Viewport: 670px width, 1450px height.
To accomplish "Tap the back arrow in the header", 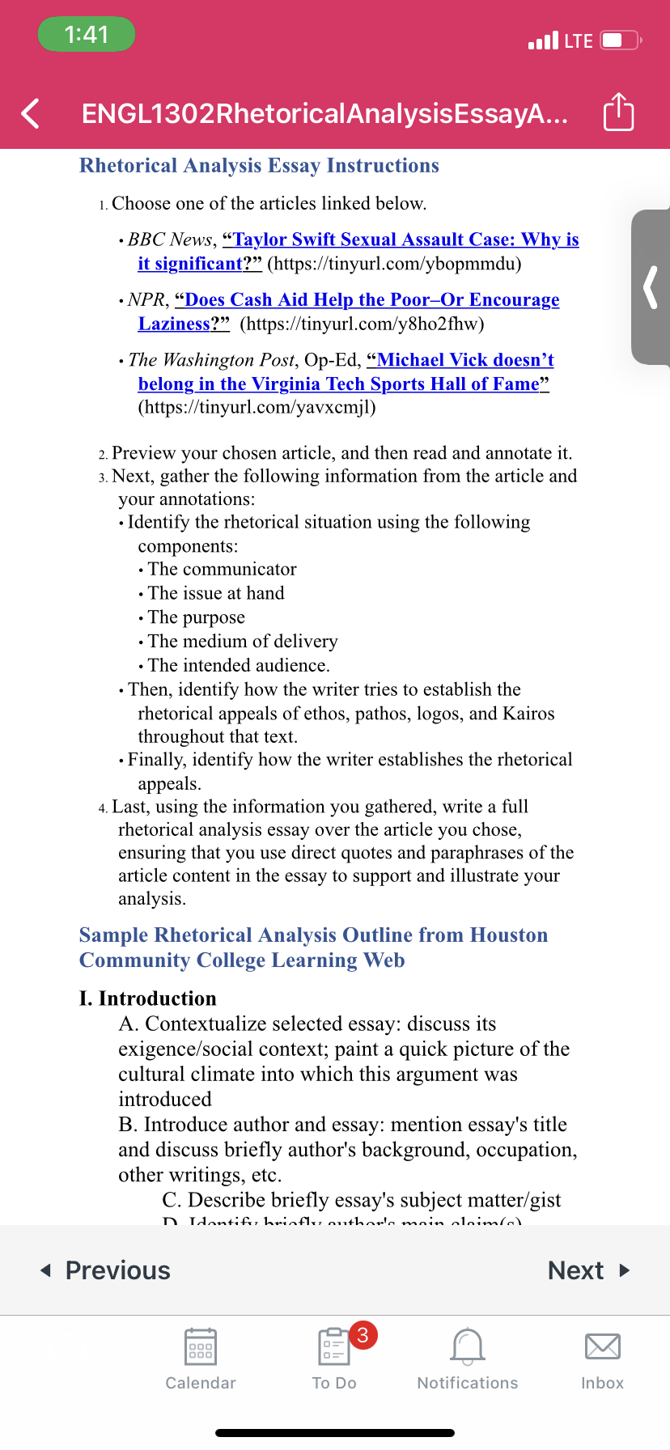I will tap(31, 113).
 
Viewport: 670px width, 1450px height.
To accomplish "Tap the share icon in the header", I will tap(618, 112).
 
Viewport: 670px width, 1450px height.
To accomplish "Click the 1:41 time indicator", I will tap(87, 34).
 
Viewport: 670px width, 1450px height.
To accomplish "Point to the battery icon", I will tap(621, 40).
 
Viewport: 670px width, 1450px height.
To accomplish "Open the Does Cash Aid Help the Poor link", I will tap(371, 300).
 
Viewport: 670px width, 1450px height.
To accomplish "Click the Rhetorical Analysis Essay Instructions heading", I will tap(259, 166).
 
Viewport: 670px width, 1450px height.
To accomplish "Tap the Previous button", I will tap(106, 1270).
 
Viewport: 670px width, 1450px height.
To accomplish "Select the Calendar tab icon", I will tap(200, 1347).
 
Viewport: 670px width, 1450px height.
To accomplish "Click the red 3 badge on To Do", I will tap(363, 1334).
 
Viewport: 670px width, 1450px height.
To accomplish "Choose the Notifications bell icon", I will tap(467, 1347).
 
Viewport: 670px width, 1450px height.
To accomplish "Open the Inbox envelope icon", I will tap(602, 1347).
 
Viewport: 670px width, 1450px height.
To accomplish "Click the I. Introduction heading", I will tap(148, 998).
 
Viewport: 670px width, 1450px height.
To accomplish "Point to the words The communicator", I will tap(222, 570).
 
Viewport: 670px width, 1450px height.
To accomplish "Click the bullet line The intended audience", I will tap(239, 666).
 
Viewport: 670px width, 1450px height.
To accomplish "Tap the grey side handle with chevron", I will tap(651, 287).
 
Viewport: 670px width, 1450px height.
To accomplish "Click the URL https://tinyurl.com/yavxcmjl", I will tap(257, 407).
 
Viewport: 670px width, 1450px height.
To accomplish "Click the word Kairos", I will tap(528, 714).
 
